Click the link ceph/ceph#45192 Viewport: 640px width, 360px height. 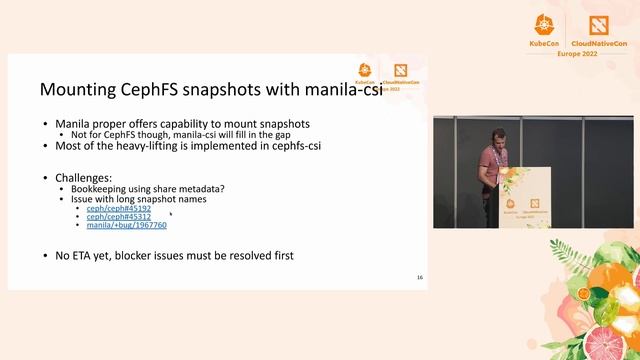click(119, 207)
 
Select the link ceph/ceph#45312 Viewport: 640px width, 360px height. click(119, 216)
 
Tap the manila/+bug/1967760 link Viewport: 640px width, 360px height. click(127, 225)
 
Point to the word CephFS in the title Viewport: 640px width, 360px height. click(160, 90)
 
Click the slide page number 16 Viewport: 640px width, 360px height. click(420, 276)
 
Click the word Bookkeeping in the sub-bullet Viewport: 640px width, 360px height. click(99, 188)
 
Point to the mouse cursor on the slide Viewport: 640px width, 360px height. click(171, 213)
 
